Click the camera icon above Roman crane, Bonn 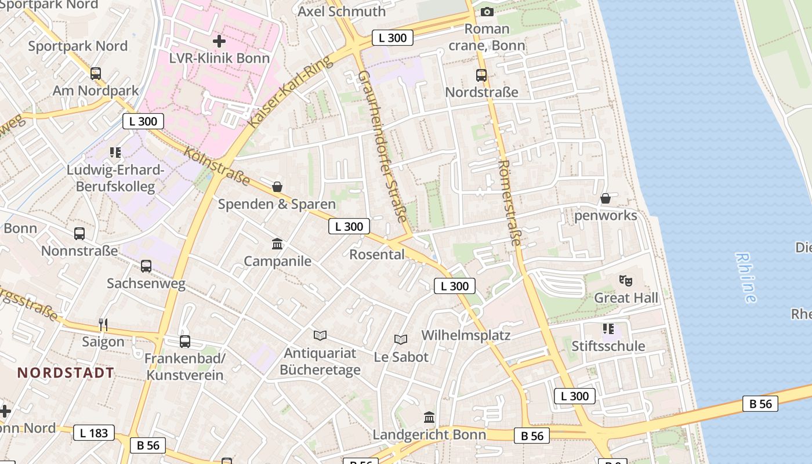(x=487, y=12)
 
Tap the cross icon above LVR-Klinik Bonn (x=219, y=41)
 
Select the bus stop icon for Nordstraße (x=481, y=75)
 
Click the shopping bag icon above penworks (x=606, y=198)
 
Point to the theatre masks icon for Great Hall (x=625, y=281)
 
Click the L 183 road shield (x=94, y=433)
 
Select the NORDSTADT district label (x=66, y=372)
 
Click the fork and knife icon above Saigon (x=103, y=324)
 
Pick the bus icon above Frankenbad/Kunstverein (x=184, y=341)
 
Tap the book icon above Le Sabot (x=401, y=339)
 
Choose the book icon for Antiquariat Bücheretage (x=320, y=335)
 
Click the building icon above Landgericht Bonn (x=429, y=417)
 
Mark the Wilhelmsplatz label (x=466, y=335)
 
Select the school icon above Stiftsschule (x=608, y=329)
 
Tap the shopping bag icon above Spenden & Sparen (x=277, y=187)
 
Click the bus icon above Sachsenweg (x=146, y=266)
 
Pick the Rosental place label (x=377, y=254)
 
